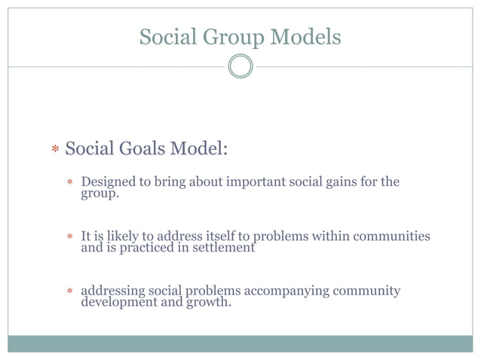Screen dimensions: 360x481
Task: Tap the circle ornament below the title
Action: pyautogui.click(x=240, y=67)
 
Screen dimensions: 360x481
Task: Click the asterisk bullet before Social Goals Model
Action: pyautogui.click(x=55, y=151)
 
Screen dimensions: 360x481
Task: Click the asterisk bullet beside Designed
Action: pyautogui.click(x=69, y=183)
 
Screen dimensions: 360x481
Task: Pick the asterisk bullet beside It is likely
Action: pyautogui.click(x=69, y=237)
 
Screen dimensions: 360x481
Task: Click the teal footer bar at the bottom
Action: pyautogui.click(x=240, y=343)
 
